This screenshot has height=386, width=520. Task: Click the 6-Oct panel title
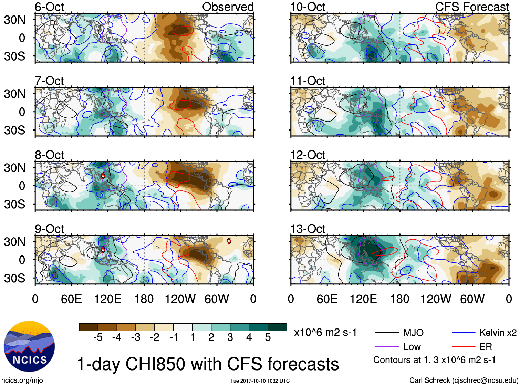click(x=49, y=7)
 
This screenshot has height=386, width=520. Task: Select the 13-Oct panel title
click(x=308, y=229)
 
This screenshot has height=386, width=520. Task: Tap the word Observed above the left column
click(x=228, y=7)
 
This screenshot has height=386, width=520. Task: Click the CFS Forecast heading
click(x=472, y=7)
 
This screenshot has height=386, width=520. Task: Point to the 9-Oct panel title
click(x=49, y=229)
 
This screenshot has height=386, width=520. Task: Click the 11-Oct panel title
click(x=308, y=81)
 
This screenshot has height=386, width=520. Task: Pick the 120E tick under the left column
click(x=107, y=299)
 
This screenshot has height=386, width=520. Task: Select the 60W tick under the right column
click(x=472, y=299)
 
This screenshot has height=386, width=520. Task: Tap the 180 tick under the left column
click(x=144, y=299)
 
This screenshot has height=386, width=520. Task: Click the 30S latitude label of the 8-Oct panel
click(x=14, y=204)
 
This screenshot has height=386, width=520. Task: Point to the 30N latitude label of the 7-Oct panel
click(x=14, y=94)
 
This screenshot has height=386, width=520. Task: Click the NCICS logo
click(x=29, y=346)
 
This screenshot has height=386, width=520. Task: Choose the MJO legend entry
click(x=413, y=333)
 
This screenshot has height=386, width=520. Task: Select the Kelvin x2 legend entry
click(x=498, y=333)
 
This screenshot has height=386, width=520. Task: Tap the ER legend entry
click(x=486, y=347)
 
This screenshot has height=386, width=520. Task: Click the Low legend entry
click(x=412, y=347)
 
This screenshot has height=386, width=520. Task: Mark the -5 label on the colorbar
click(x=98, y=337)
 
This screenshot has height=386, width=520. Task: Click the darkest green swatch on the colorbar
click(x=277, y=327)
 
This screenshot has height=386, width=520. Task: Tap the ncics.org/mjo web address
click(x=22, y=380)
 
